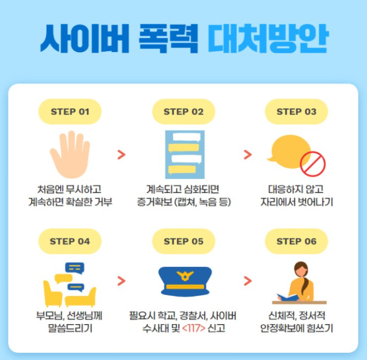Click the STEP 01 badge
pos(70,111)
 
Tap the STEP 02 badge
pos(183,111)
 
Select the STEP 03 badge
pos(296,111)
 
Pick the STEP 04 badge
pos(70,241)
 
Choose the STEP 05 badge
pos(183,241)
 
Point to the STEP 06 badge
pos(296,241)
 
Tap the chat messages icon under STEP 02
pos(184,154)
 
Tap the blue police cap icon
pos(183,280)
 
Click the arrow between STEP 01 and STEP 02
pos(121,154)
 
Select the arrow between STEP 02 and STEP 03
pos(247,154)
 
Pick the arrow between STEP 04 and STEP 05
pos(121,280)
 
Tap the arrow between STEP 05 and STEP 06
pos(247,280)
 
